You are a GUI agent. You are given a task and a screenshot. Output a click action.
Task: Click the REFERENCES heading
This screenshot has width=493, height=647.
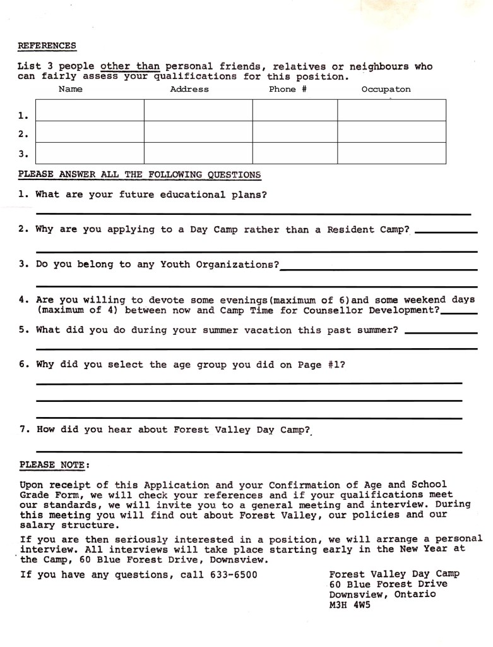click(x=47, y=45)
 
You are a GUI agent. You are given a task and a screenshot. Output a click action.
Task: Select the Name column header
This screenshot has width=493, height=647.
click(x=70, y=89)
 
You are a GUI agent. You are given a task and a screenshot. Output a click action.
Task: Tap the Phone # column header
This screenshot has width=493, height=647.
click(x=287, y=89)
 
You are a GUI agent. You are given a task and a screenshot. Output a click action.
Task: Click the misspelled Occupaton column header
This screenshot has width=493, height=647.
click(x=386, y=89)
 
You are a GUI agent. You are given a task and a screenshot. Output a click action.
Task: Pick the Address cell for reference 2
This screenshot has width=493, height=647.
click(x=198, y=131)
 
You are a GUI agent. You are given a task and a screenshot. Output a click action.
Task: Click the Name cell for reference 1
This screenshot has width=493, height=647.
click(x=90, y=110)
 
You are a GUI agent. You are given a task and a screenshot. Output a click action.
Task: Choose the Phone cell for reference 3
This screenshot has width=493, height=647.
click(x=295, y=153)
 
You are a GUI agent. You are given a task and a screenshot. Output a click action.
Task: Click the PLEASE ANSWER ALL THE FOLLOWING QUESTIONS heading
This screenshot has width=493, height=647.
click(x=140, y=174)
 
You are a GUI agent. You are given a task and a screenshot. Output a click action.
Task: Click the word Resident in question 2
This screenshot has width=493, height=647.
click(x=350, y=229)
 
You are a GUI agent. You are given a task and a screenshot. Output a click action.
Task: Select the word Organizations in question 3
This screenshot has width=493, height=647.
click(x=237, y=264)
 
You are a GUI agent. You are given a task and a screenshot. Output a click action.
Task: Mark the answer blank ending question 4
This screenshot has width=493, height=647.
click(x=459, y=312)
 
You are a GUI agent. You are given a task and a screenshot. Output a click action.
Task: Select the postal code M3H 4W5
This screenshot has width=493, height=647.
click(x=350, y=605)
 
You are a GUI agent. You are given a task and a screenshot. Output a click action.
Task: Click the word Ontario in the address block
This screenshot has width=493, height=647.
click(x=415, y=595)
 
